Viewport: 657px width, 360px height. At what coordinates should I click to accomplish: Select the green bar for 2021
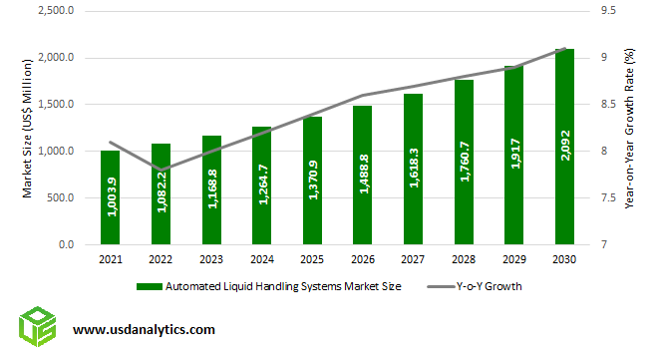(110, 197)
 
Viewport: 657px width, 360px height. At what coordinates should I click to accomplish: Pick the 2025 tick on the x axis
(312, 259)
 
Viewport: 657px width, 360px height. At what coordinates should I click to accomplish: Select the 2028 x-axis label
(464, 259)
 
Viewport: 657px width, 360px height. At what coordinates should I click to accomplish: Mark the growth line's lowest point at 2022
(161, 170)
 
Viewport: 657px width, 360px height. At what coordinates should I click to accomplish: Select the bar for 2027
(413, 170)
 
